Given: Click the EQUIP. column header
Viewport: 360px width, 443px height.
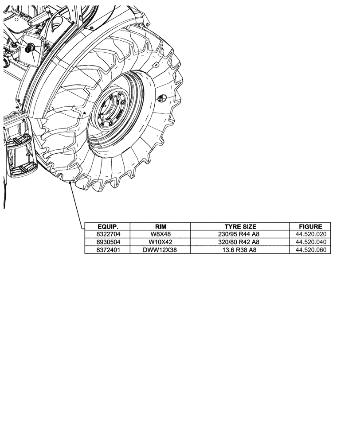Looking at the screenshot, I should (107, 226).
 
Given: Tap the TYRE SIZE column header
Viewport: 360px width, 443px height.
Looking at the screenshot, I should (240, 226).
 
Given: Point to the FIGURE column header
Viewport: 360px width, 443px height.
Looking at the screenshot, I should (310, 226).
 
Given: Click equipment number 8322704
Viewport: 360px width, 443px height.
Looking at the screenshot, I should (107, 234).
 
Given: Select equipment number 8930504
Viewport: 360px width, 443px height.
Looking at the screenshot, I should (107, 242).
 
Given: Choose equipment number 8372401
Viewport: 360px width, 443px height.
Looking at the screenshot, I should (107, 250).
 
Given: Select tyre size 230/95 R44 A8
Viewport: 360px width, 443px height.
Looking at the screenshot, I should (240, 234).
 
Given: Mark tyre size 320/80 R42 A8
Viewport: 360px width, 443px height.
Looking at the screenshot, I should (240, 242).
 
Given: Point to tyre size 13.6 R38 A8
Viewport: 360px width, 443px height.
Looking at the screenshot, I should (240, 250).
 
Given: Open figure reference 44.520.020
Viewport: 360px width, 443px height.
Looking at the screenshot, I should (310, 234).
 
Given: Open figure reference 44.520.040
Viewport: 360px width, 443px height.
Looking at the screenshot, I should (310, 242).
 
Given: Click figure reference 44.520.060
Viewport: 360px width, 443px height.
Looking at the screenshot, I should (310, 250).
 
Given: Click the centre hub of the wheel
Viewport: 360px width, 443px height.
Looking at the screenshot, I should (110, 112).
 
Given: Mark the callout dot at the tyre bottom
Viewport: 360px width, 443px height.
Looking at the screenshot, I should (71, 183).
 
